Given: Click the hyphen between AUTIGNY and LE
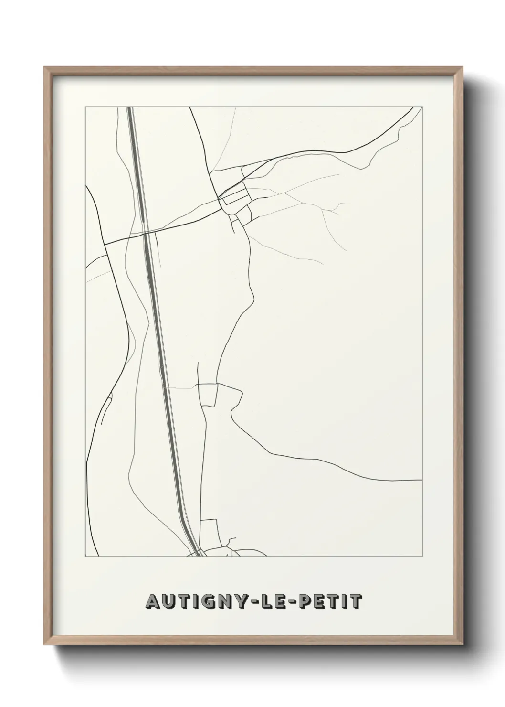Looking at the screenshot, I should [x=252, y=602].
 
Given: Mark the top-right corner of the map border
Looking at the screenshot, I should [x=422, y=107].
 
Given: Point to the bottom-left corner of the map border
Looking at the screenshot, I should [x=85, y=557].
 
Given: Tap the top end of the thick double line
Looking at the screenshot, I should [x=129, y=108].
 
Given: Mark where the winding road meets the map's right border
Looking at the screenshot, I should [x=421, y=479].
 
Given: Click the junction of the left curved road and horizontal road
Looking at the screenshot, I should [x=105, y=244].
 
